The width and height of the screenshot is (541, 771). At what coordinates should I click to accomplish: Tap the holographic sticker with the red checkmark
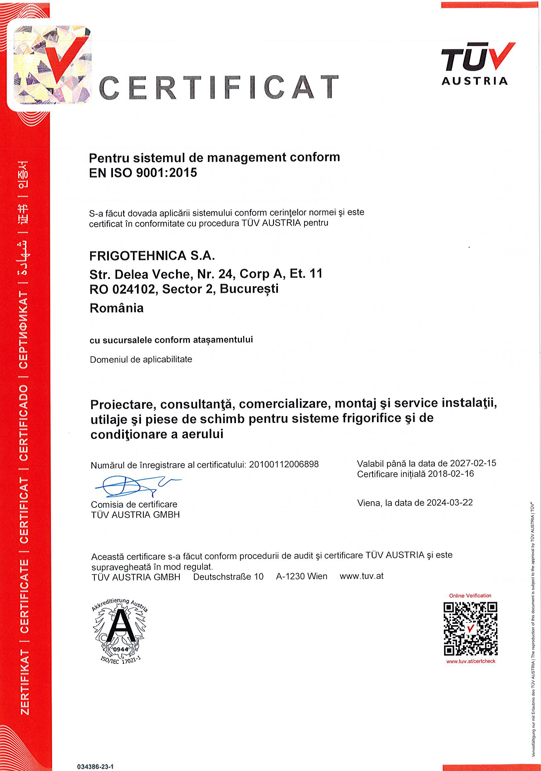52,64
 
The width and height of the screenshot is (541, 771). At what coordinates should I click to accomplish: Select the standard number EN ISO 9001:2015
143,173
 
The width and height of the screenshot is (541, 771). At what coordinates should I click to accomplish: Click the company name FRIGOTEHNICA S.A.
152,256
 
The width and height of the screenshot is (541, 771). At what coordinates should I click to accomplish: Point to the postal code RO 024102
123,289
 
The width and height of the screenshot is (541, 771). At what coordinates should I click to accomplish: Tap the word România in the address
116,308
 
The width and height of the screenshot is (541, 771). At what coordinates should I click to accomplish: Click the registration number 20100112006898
284,464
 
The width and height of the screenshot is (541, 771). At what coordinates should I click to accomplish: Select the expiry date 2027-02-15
473,463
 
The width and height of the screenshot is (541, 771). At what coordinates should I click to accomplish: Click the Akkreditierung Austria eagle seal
120,631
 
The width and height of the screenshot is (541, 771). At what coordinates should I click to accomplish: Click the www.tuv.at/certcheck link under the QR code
471,661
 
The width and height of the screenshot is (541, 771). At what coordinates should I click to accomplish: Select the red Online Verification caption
470,595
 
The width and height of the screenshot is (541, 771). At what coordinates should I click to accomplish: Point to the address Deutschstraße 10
228,577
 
